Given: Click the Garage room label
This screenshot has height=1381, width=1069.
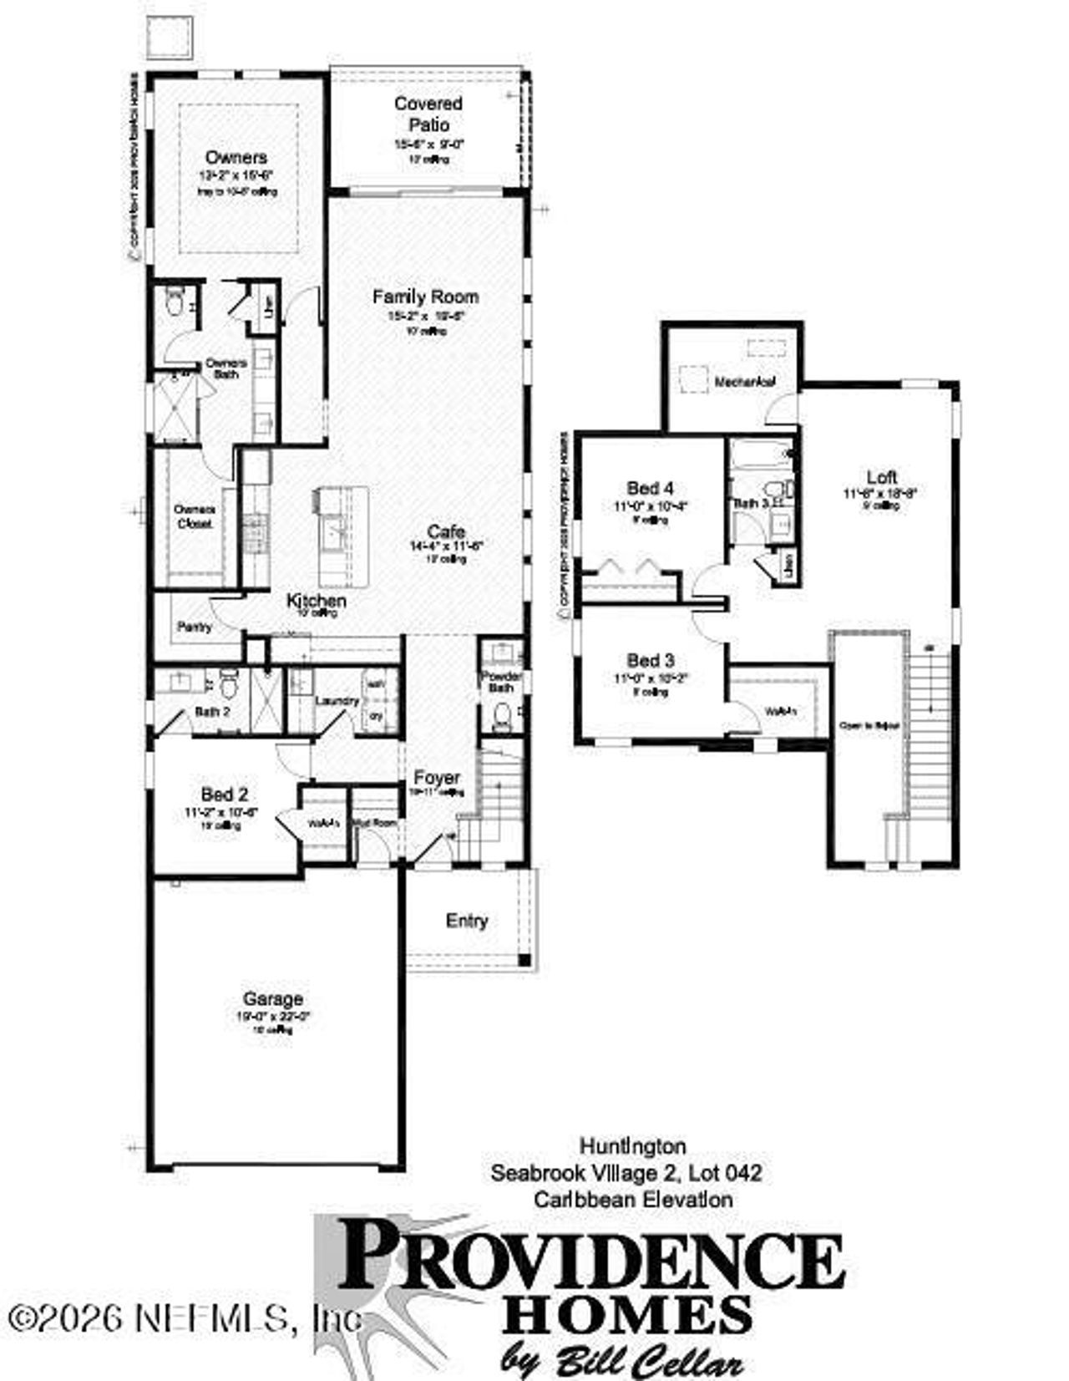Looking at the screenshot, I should tap(272, 998).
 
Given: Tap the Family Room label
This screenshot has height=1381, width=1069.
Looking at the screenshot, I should tap(425, 297).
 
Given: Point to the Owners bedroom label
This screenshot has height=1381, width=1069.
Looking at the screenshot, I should tap(236, 157).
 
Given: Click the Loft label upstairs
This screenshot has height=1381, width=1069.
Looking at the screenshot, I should tap(881, 477).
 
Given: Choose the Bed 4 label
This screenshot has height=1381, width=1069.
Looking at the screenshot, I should tap(651, 488).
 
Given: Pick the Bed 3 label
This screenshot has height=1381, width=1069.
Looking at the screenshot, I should tap(651, 660).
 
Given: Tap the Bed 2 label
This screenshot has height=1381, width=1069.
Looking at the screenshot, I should tap(224, 795).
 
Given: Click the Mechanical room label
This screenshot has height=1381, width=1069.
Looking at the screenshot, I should tap(745, 382).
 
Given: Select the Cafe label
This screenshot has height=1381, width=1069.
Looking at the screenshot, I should tap(446, 531).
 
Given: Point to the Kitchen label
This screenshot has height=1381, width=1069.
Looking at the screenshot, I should tap(317, 601).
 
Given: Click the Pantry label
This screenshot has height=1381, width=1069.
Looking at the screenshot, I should tap(195, 627).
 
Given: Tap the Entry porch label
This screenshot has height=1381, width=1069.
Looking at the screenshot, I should tap(467, 921).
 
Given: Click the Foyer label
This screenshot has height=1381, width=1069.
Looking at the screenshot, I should tap(437, 779).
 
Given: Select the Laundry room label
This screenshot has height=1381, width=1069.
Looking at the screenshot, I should tap(337, 701).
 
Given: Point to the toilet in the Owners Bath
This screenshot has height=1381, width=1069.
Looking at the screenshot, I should tap(175, 302).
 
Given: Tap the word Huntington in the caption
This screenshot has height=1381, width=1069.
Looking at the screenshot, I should tap(633, 1145).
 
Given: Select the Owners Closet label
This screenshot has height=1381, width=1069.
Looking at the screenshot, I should tap(194, 516).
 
